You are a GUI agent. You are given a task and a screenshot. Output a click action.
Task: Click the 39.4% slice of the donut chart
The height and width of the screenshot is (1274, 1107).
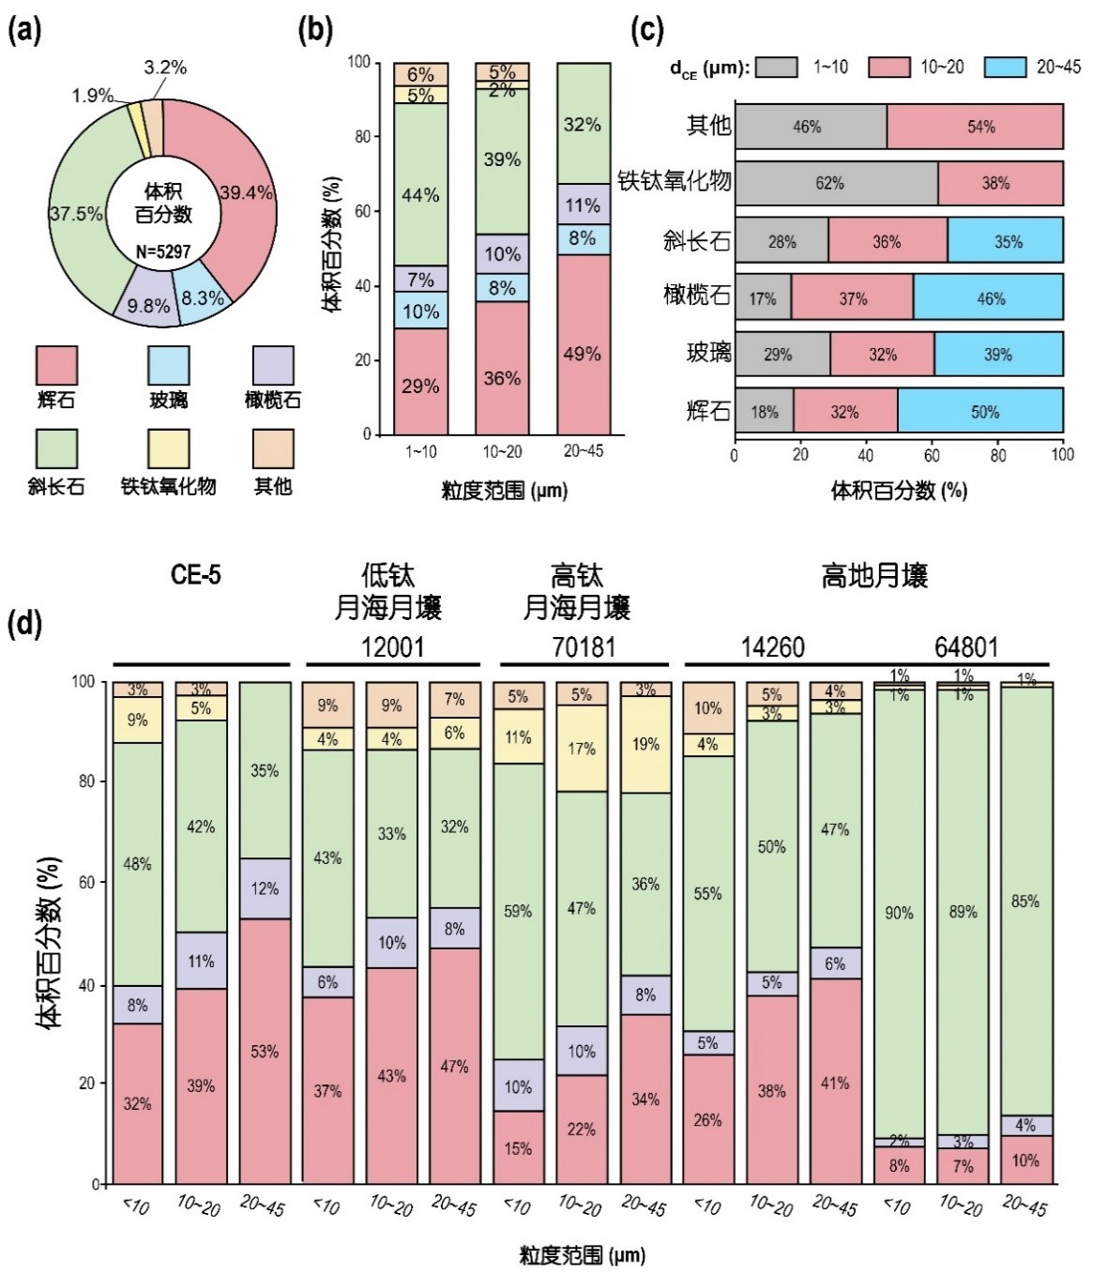pos(246,192)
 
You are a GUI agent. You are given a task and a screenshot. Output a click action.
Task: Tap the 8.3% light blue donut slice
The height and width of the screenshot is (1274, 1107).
pos(204,298)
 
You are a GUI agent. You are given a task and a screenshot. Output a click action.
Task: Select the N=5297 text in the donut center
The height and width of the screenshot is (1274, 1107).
pos(163,251)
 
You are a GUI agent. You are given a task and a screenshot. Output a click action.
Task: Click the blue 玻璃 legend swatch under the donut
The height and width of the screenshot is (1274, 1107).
pos(169,366)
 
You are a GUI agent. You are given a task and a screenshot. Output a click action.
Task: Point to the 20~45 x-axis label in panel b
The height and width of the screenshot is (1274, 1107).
pos(583,451)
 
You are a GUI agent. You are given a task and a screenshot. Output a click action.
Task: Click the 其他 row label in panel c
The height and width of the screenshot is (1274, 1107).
pos(708,126)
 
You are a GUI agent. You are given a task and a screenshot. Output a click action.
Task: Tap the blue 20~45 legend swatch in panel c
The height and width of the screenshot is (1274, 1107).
pos(1005,68)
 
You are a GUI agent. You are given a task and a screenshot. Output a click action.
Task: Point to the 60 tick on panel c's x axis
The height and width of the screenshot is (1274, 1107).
pos(932,455)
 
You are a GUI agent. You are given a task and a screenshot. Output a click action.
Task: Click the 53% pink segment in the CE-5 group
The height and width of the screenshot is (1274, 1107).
pos(265,1051)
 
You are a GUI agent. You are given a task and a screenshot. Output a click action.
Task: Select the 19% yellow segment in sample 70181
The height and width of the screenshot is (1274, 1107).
pos(645,744)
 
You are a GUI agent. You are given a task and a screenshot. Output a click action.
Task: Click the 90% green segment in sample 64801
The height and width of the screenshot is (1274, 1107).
pos(899,912)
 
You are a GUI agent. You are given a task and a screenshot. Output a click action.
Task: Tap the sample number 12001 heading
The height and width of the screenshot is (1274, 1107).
pos(393,647)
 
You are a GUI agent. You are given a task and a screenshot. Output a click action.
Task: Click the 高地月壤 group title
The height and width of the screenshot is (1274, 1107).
pos(874,576)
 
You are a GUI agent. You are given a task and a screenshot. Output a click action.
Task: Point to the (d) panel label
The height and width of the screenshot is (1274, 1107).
pos(25,623)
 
